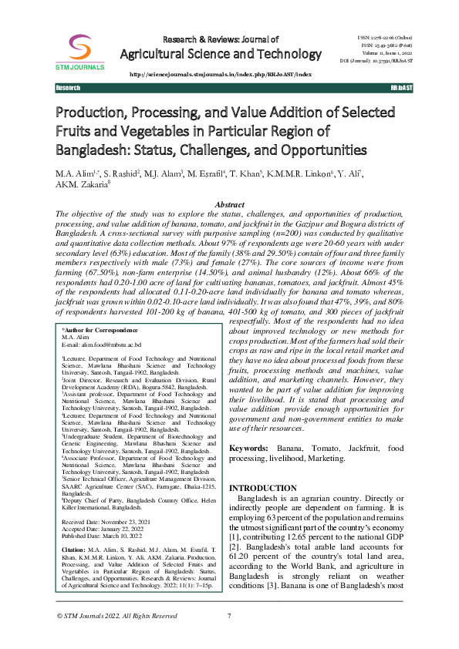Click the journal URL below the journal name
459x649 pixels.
click(x=221, y=74)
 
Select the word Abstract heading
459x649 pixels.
click(x=229, y=203)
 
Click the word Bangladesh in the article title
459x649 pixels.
click(x=91, y=149)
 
